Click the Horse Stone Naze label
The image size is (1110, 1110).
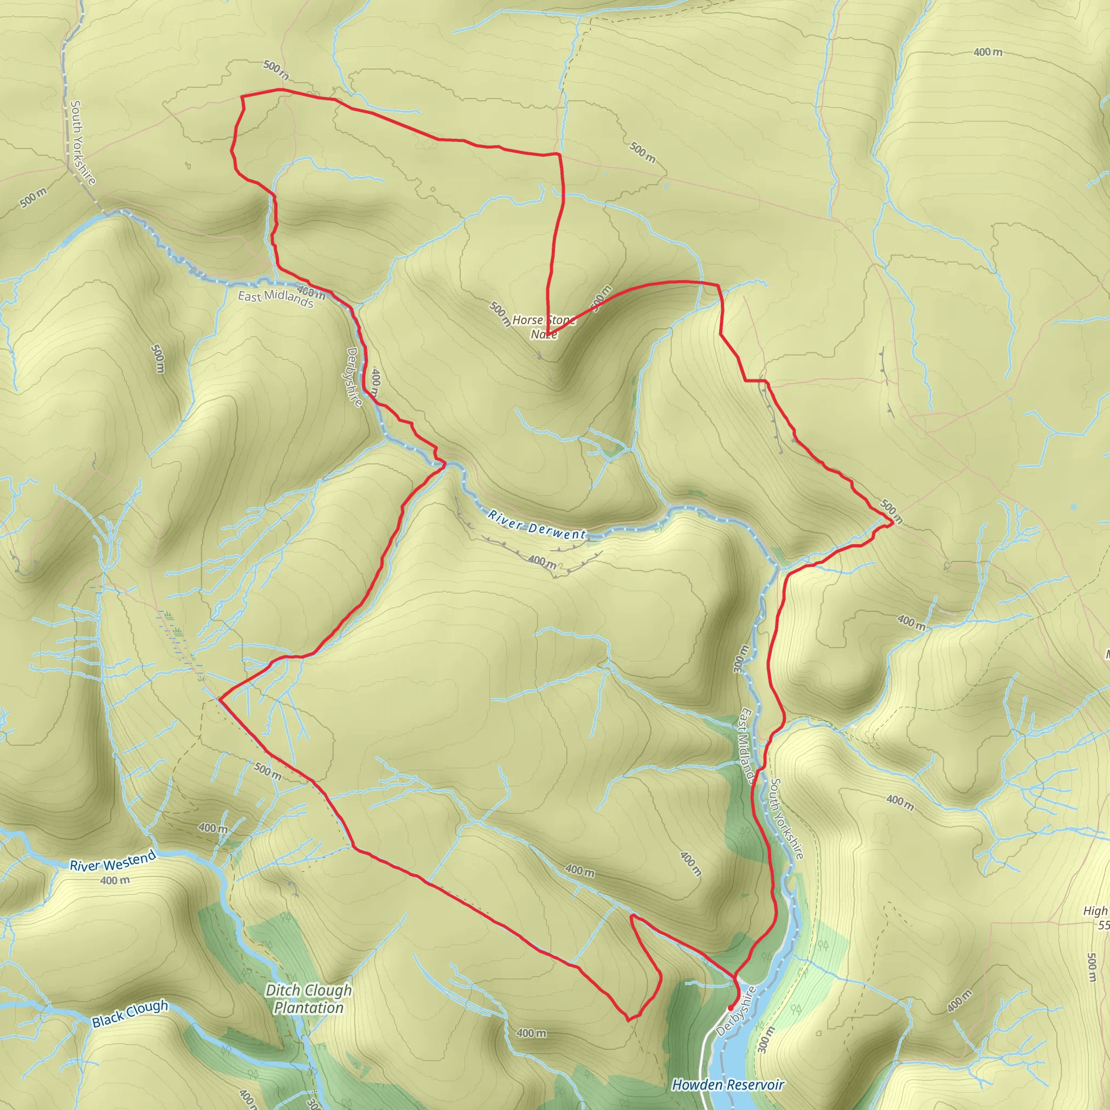(x=544, y=327)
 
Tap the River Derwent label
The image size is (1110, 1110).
(x=537, y=525)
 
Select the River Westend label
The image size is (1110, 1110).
(x=113, y=861)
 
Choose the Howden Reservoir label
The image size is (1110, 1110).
(x=727, y=1085)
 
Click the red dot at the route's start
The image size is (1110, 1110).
(x=730, y=1008)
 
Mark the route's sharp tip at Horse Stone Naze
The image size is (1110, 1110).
(x=548, y=335)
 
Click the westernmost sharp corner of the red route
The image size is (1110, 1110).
(x=220, y=699)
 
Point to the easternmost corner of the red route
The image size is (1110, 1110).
(x=892, y=523)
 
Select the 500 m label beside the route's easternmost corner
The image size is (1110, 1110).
(x=891, y=511)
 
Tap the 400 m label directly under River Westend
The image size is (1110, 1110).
(x=115, y=880)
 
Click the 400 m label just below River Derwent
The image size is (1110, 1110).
(x=542, y=560)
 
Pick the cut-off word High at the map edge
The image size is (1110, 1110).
(x=1095, y=911)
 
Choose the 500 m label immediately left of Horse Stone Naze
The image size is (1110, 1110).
(x=500, y=314)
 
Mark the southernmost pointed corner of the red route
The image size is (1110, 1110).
(x=629, y=1021)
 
